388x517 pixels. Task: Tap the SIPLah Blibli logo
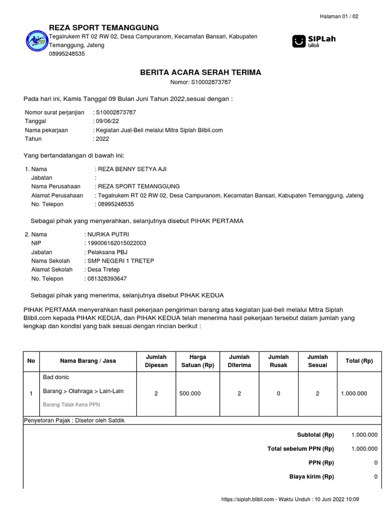[x=314, y=41]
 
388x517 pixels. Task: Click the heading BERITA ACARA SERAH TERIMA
[x=201, y=73]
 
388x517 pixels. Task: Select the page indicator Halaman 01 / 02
[x=339, y=17]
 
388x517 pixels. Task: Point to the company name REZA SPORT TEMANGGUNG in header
[x=104, y=27]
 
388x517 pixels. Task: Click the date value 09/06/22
[x=108, y=121]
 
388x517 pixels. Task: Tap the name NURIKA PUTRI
[x=108, y=234]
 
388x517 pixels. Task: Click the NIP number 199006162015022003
[x=117, y=243]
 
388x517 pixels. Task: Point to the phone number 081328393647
[x=107, y=278]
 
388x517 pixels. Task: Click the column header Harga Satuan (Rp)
[x=194, y=361]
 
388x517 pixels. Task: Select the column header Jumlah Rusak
[x=278, y=361]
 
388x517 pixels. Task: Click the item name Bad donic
[x=56, y=377]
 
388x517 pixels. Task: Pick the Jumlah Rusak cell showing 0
[x=278, y=394]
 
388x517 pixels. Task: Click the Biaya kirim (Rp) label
[x=311, y=477]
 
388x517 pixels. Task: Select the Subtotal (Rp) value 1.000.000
[x=364, y=434]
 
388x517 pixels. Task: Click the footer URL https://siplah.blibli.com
[x=248, y=499]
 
